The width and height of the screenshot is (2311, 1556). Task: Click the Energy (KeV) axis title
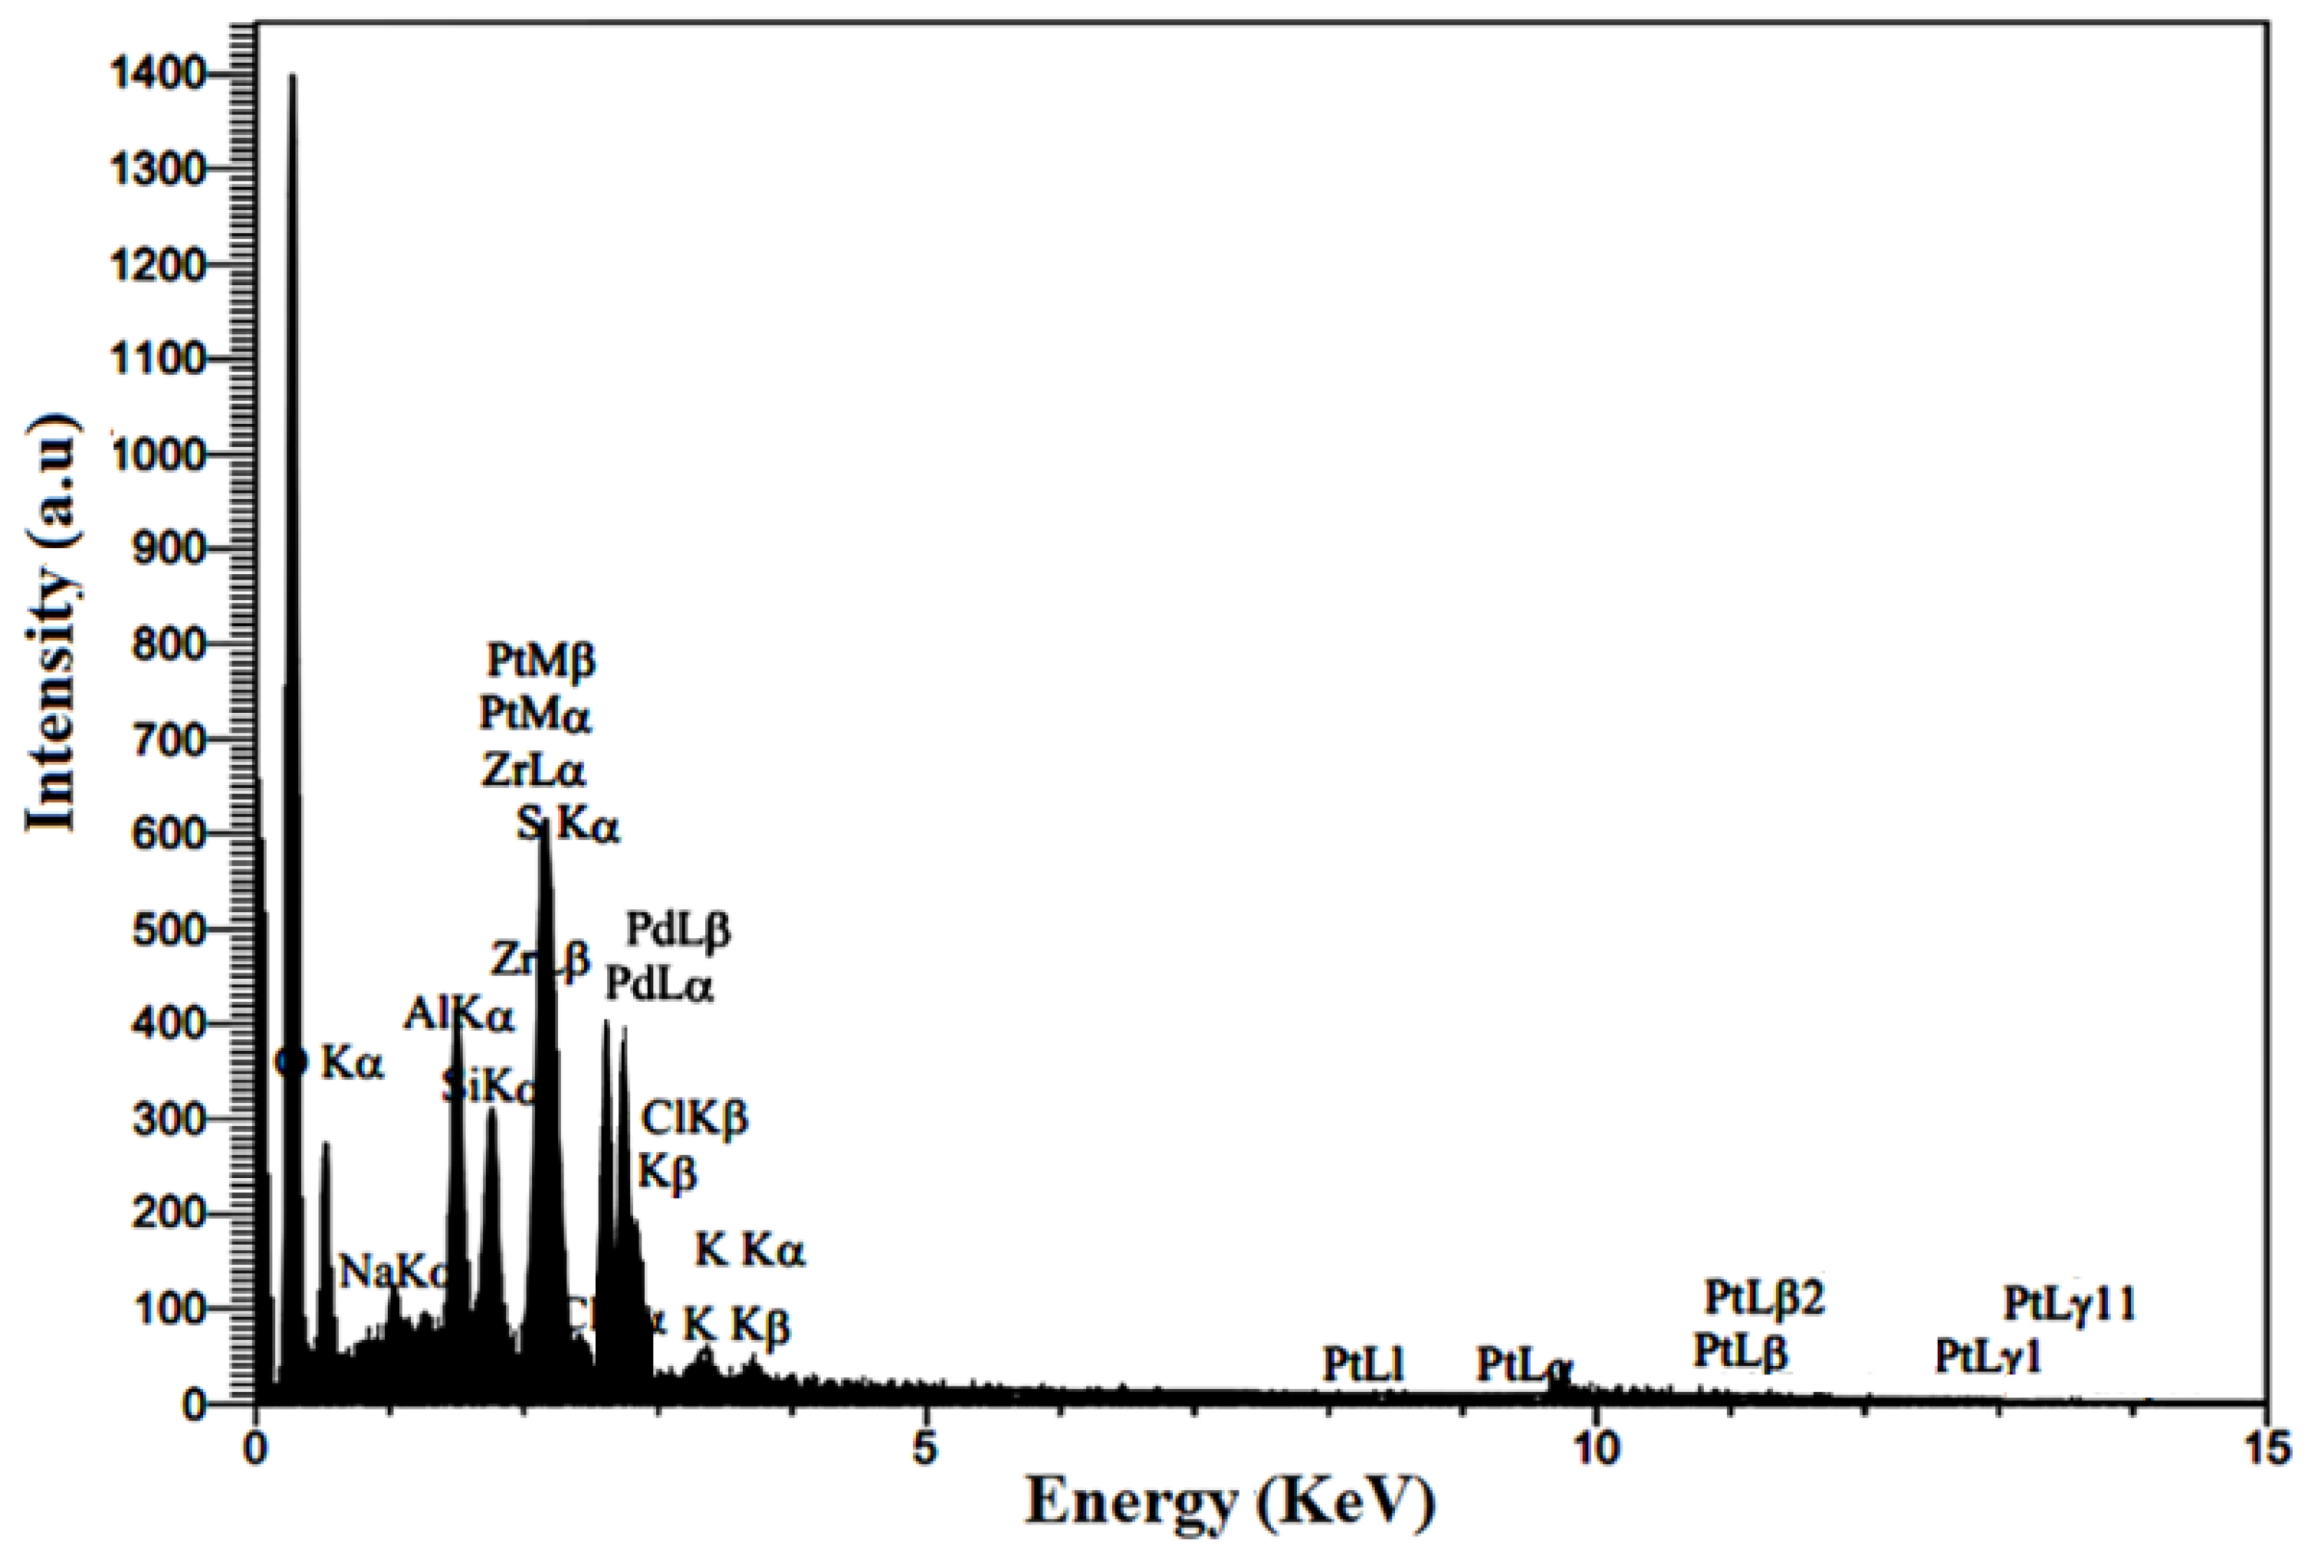click(x=1230, y=1503)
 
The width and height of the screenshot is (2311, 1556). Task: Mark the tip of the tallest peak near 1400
click(x=292, y=75)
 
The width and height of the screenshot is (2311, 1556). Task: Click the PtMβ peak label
click(x=542, y=660)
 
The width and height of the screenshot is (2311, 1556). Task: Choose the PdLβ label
click(x=678, y=930)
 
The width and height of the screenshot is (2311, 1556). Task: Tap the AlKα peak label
click(x=458, y=1015)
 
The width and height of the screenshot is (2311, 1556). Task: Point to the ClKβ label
click(x=694, y=1118)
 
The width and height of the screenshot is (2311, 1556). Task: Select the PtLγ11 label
click(x=2069, y=1303)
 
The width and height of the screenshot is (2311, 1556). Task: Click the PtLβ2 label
click(x=1765, y=1296)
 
